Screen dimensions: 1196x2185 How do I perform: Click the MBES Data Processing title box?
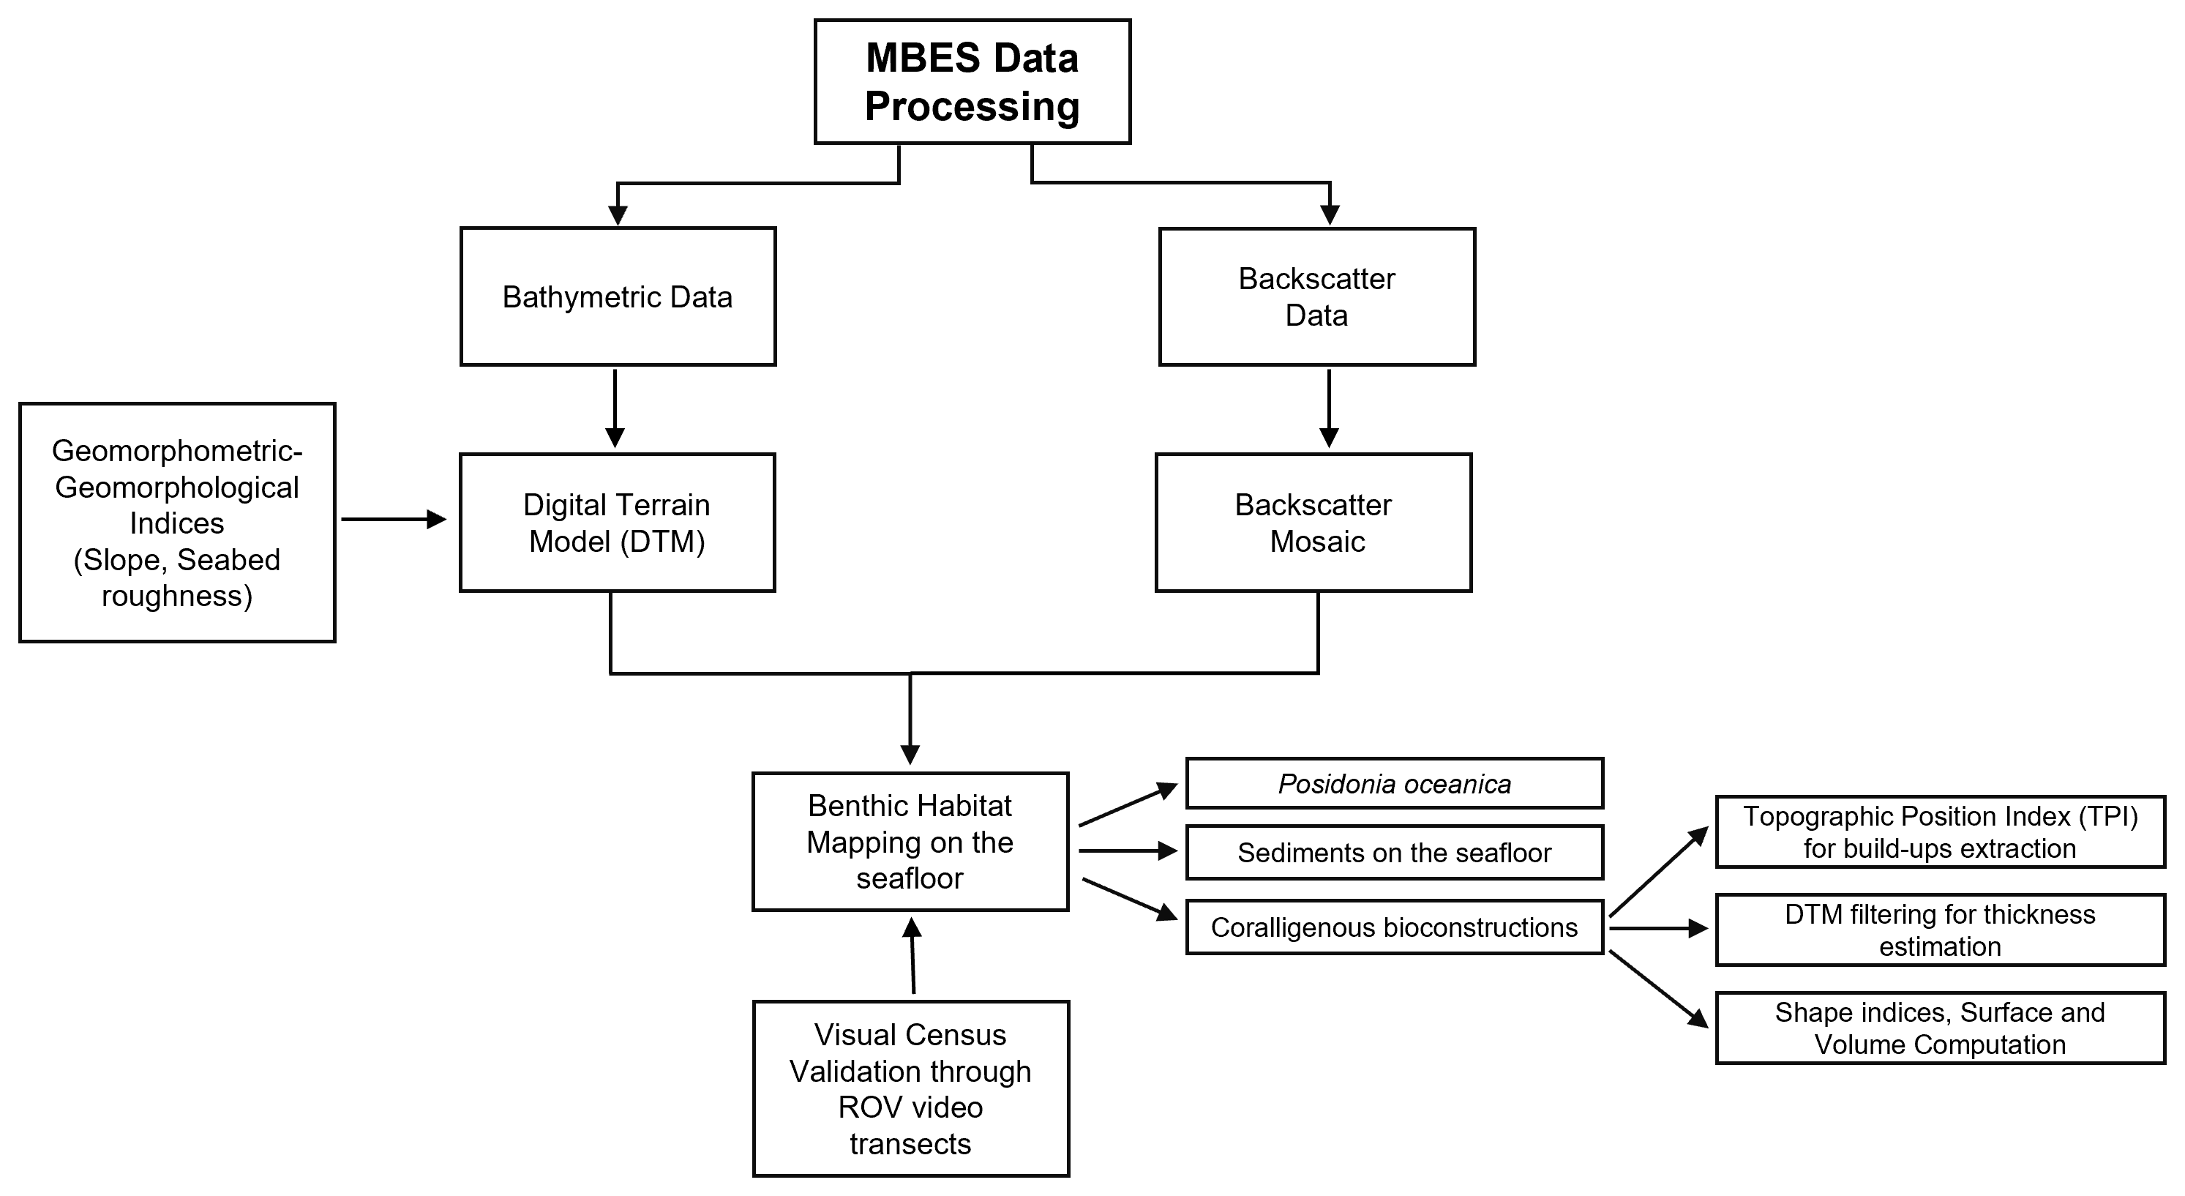click(972, 81)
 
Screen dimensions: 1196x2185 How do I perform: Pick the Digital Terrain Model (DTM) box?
click(617, 523)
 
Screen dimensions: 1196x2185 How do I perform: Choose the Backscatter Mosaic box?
click(1313, 523)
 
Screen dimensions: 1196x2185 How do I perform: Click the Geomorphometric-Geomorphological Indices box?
click(177, 523)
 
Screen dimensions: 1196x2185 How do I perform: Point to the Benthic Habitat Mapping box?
click(910, 842)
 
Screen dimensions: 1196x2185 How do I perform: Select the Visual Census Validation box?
click(910, 1088)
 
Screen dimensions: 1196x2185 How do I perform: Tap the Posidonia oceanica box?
click(1395, 783)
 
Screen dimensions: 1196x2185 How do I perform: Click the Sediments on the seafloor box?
click(1395, 853)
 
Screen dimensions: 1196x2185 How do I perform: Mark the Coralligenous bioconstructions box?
click(1395, 927)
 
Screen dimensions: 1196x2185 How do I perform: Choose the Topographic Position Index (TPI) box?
click(1940, 832)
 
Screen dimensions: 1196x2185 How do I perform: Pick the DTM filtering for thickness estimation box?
click(1940, 930)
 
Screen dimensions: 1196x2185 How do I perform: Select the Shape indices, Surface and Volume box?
click(1940, 1028)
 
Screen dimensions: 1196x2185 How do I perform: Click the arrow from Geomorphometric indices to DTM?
click(394, 519)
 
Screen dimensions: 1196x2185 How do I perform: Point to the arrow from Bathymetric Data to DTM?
click(615, 408)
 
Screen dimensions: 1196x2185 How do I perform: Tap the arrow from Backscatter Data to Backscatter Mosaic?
click(1329, 408)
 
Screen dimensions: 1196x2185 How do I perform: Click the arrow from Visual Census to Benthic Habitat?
click(912, 956)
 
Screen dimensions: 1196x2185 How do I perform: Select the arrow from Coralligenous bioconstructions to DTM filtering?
click(1658, 929)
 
